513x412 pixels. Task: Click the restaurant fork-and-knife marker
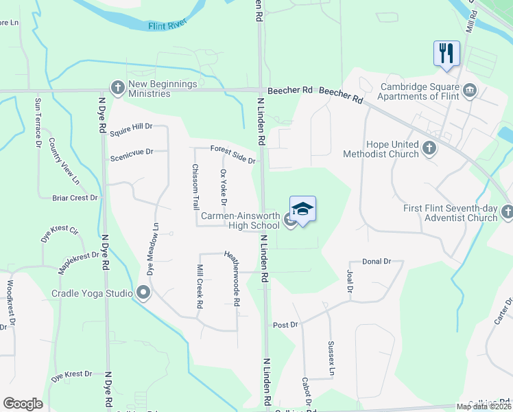tap(446, 54)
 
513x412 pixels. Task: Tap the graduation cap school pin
tap(302, 209)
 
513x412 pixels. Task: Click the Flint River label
tap(167, 26)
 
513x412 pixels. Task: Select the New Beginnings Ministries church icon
tap(116, 88)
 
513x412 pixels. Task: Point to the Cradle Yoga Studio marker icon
tap(143, 293)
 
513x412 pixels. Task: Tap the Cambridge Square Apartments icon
tap(470, 90)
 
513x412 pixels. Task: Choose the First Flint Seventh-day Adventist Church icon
tap(507, 212)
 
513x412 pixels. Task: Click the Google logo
tap(23, 404)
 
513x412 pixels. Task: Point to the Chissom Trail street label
tap(195, 187)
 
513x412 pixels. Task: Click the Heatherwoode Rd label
tap(232, 277)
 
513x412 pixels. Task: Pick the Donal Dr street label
tap(376, 262)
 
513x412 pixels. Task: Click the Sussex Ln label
tap(331, 358)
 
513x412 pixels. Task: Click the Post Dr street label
tap(285, 324)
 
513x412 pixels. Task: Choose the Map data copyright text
tap(482, 406)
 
